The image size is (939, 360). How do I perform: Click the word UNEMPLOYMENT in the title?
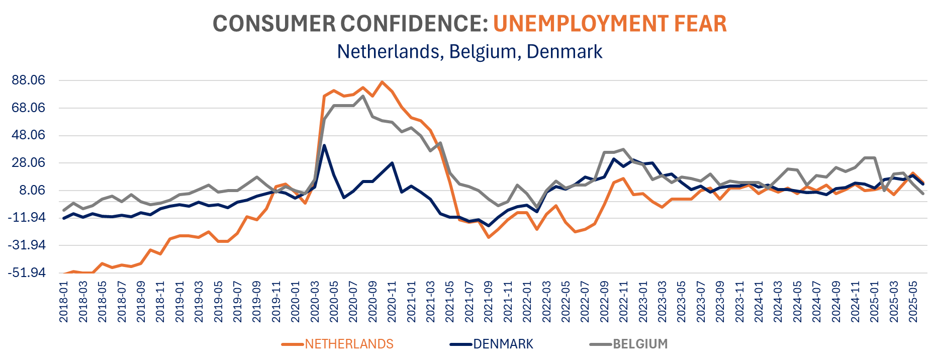tap(580, 24)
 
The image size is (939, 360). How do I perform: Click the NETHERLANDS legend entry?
tap(348, 344)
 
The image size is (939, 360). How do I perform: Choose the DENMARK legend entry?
tap(503, 344)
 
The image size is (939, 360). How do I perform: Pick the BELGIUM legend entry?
tap(640, 344)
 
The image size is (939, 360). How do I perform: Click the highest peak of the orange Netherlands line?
tap(383, 82)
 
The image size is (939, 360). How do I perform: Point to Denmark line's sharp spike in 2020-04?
tap(325, 146)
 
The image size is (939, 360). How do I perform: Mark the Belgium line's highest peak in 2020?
tap(363, 96)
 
